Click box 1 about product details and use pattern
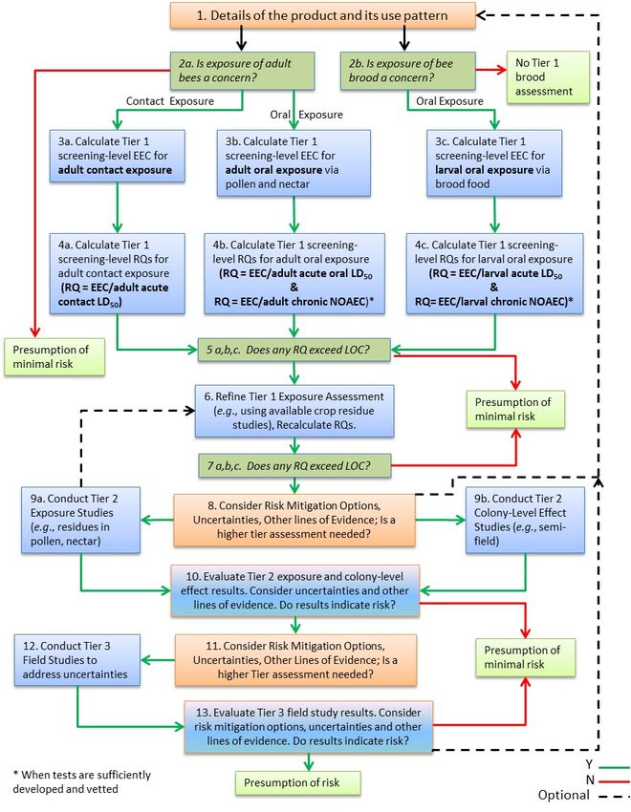323,15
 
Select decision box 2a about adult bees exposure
243,71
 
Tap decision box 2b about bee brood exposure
407,71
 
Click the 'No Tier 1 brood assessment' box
548,77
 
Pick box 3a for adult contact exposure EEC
117,156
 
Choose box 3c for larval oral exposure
494,162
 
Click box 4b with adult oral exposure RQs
294,273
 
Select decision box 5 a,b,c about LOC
294,350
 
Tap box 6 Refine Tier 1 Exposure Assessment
294,411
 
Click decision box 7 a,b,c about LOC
294,466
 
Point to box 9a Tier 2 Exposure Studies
81,520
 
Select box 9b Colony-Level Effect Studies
525,520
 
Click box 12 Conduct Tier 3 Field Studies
77,660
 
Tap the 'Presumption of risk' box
298,783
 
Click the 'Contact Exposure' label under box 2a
170,101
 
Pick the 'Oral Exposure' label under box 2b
449,101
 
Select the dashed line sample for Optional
614,797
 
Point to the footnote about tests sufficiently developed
82,782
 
